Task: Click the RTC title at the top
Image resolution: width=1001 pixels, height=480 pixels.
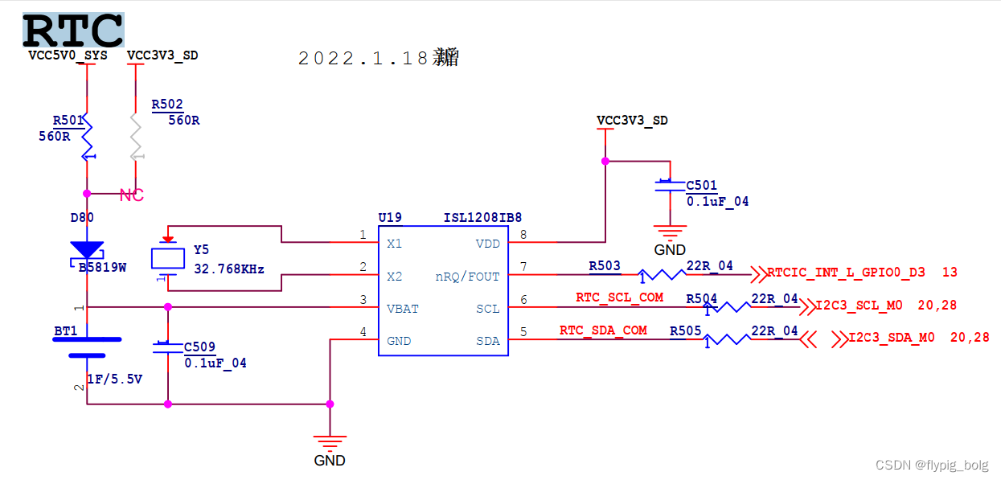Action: click(73, 31)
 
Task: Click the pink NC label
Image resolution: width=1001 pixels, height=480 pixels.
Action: click(131, 195)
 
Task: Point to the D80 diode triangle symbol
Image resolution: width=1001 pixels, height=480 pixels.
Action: click(86, 251)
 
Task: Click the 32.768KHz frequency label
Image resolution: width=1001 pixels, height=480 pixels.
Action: click(229, 269)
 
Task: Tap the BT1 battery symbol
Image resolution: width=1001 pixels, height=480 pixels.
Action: click(86, 347)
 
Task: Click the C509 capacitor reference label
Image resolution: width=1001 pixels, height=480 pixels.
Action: click(199, 347)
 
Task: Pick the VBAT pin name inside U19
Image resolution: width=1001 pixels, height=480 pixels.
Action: click(403, 309)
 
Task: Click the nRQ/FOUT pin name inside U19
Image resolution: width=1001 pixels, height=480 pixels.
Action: click(467, 277)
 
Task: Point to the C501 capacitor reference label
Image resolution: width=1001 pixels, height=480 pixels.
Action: click(701, 186)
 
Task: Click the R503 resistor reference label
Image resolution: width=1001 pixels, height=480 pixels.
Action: click(605, 265)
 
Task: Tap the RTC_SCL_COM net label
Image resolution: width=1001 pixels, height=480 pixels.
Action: click(619, 297)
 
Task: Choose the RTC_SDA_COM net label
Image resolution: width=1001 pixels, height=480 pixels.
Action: click(603, 330)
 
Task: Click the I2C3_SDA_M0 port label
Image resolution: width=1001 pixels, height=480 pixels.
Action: click(892, 338)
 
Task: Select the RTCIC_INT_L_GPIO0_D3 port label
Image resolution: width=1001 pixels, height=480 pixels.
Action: click(846, 273)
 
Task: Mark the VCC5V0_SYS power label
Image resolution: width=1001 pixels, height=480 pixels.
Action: click(68, 55)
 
